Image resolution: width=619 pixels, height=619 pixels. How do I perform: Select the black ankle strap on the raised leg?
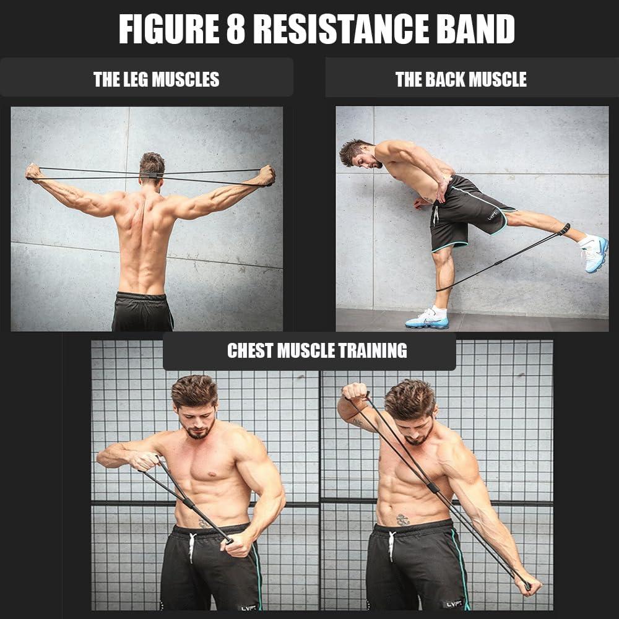point(563,230)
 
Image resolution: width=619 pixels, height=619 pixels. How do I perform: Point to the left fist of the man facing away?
point(33,171)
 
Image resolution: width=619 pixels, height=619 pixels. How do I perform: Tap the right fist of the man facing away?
point(266,175)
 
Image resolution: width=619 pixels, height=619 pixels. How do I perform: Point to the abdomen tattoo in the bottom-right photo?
point(403,519)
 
